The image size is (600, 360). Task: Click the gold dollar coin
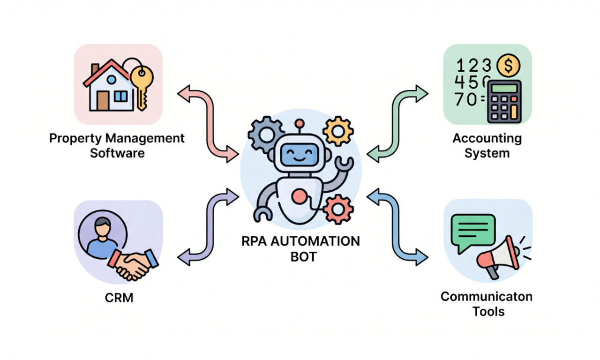tap(508, 66)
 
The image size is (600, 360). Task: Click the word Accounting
tap(487, 138)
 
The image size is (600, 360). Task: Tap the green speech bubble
tap(472, 229)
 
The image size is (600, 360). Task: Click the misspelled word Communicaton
tap(487, 297)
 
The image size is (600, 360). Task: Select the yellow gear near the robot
tap(337, 131)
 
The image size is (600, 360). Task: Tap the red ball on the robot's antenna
tap(299, 123)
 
